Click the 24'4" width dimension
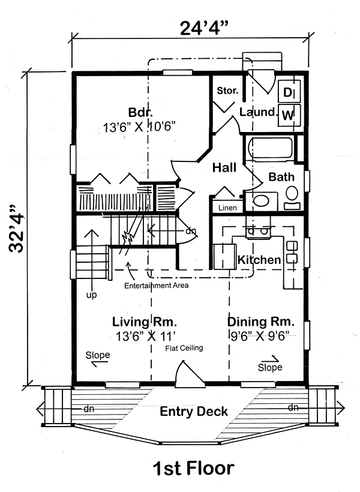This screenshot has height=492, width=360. [203, 28]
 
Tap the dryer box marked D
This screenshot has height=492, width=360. [289, 92]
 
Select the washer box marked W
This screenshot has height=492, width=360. [289, 115]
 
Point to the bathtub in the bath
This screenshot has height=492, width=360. [271, 148]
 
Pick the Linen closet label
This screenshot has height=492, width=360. [227, 208]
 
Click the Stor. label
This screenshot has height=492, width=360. [227, 91]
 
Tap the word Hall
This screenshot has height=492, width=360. [224, 167]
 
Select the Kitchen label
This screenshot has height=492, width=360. [259, 260]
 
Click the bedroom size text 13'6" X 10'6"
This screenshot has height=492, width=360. [139, 127]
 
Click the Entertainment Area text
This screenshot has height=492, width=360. [157, 286]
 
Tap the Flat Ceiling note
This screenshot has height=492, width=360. [184, 348]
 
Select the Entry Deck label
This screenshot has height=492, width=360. [194, 412]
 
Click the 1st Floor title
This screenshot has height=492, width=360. [193, 468]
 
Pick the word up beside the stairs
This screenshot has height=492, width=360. [92, 295]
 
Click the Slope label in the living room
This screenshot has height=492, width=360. [98, 355]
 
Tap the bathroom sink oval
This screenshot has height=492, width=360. [261, 201]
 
